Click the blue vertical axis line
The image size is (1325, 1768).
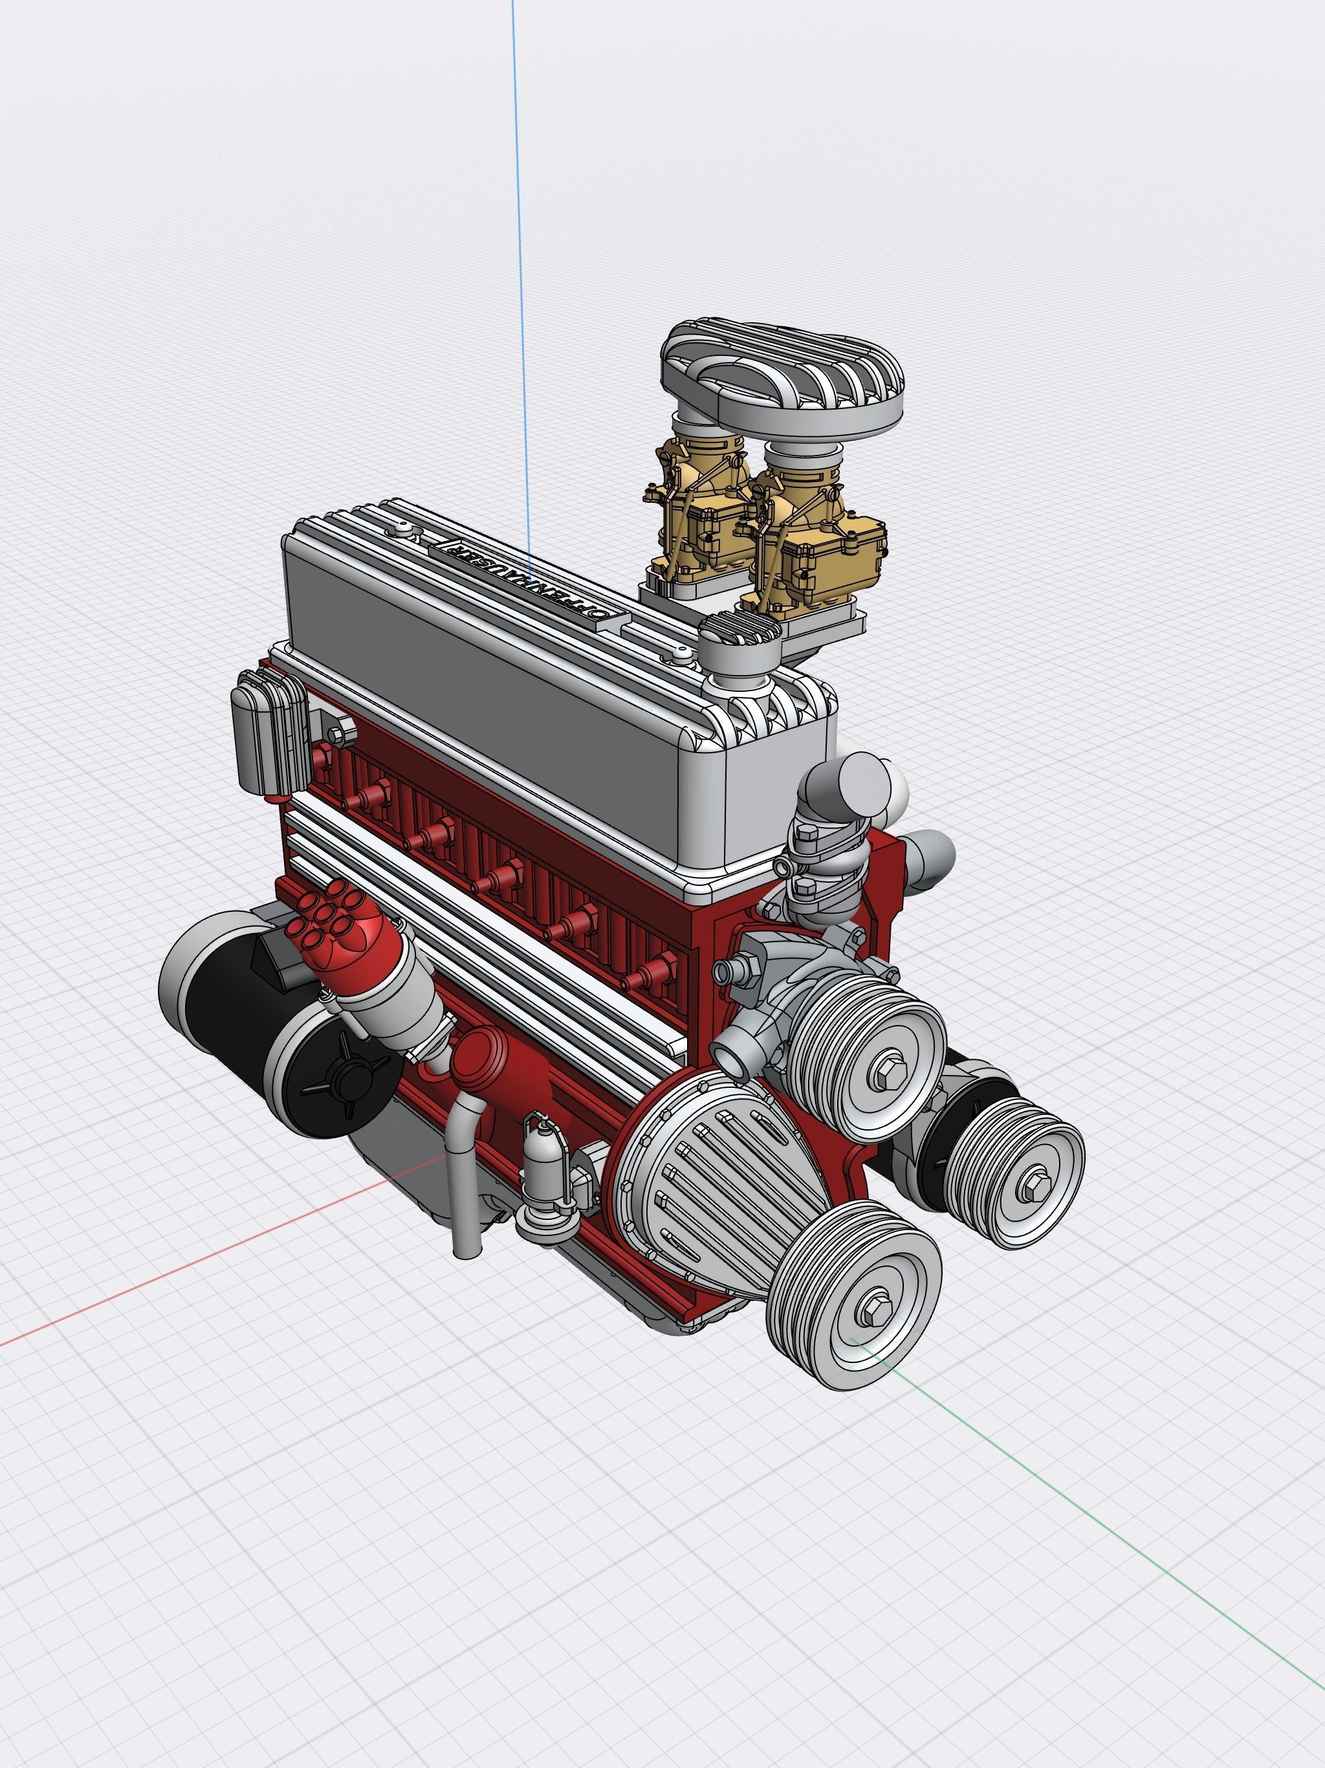pos(517,240)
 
